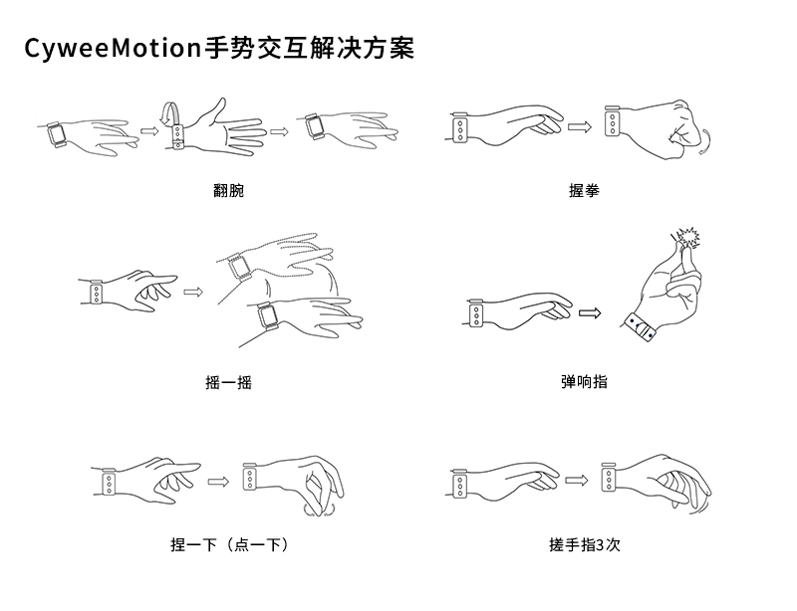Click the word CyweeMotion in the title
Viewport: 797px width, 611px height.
pyautogui.click(x=114, y=49)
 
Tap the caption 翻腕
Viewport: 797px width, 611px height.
pyautogui.click(x=229, y=190)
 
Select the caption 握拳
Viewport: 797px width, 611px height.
pyautogui.click(x=584, y=190)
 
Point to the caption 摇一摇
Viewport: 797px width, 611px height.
pyautogui.click(x=229, y=382)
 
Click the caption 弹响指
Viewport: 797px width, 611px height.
pyautogui.click(x=584, y=381)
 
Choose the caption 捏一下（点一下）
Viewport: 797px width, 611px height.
pyautogui.click(x=230, y=545)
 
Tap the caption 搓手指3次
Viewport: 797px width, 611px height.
pyautogui.click(x=585, y=545)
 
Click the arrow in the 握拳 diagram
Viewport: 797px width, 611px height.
pyautogui.click(x=580, y=126)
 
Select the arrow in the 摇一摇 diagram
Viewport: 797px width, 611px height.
pyautogui.click(x=193, y=292)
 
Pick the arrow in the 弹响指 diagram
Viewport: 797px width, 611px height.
pyautogui.click(x=590, y=313)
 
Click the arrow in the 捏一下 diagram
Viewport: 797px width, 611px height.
pyautogui.click(x=218, y=481)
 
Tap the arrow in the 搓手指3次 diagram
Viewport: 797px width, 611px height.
pyautogui.click(x=577, y=480)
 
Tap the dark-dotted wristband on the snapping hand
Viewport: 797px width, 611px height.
pyautogui.click(x=640, y=327)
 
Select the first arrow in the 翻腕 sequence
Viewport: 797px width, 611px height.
pyautogui.click(x=149, y=131)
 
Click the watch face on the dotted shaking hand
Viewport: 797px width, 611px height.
pyautogui.click(x=239, y=266)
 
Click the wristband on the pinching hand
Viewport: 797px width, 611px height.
pyautogui.click(x=250, y=477)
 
